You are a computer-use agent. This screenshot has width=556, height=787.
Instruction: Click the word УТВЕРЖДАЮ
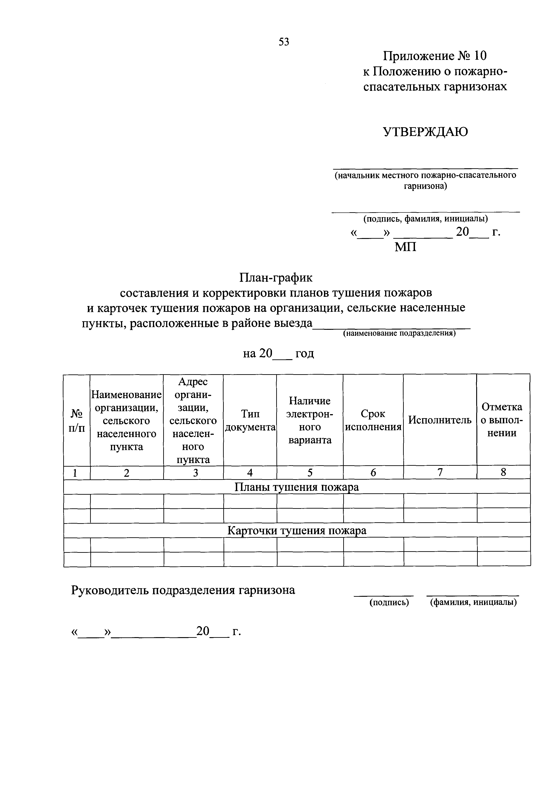pyautogui.click(x=425, y=132)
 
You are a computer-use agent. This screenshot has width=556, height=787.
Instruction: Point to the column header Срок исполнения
pyautogui.click(x=373, y=420)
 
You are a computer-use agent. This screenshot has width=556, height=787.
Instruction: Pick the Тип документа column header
pyautogui.click(x=250, y=420)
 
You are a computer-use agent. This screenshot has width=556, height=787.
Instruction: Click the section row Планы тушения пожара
pyautogui.click(x=296, y=487)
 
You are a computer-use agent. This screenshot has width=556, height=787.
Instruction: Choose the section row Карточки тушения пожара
pyautogui.click(x=297, y=531)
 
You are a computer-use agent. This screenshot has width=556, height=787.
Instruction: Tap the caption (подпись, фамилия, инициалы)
pyautogui.click(x=426, y=218)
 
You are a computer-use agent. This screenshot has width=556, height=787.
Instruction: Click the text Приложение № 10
pyautogui.click(x=434, y=56)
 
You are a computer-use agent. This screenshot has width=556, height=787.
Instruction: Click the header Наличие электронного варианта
pyautogui.click(x=310, y=420)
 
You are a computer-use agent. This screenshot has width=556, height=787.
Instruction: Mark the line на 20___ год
pyautogui.click(x=278, y=353)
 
